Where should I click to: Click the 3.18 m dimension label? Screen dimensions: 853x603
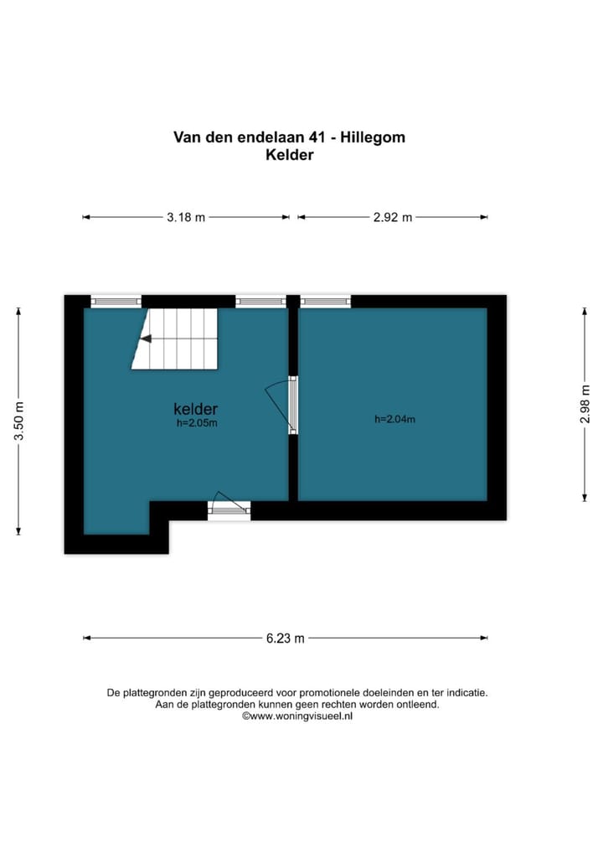pos(185,217)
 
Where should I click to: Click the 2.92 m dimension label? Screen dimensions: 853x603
pos(393,217)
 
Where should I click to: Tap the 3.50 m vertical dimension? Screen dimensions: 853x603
pos(18,421)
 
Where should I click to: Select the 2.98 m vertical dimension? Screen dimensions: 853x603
pos(585,405)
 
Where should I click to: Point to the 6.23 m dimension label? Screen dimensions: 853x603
pos(286,638)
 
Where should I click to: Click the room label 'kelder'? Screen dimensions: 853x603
pos(196,409)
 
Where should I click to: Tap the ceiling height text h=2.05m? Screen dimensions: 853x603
pos(197,423)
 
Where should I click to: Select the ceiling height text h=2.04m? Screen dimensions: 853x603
pos(394,419)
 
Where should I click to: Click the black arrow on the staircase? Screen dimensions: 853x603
pos(146,339)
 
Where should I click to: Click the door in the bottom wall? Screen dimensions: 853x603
pos(229,505)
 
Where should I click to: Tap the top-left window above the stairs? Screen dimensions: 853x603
pos(116,301)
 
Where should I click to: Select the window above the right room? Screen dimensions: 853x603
pos(325,301)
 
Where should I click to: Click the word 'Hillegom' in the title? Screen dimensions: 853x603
pos(374,137)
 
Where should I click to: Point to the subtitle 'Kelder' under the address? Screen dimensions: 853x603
pos(289,155)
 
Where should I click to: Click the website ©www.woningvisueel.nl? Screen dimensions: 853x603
pos(297,716)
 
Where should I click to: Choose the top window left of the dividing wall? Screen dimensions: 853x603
pos(260,301)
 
